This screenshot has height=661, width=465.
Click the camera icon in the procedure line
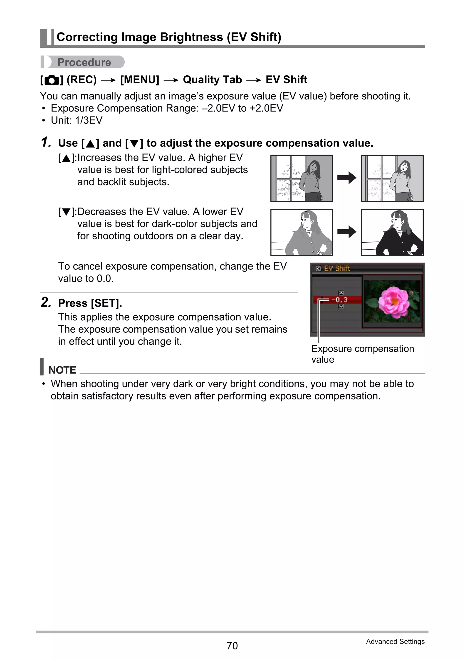52,80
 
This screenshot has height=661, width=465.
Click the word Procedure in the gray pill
84,62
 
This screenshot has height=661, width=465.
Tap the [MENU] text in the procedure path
140,80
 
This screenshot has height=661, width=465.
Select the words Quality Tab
212,80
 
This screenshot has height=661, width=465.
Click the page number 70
232,646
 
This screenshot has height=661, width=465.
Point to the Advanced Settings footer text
395,641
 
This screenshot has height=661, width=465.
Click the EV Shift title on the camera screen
337,268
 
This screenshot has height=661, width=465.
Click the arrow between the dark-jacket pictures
347,232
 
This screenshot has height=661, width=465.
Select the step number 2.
46,302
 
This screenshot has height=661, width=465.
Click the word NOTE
62,370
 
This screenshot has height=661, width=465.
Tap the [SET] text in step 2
106,303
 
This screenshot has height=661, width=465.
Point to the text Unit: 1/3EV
76,120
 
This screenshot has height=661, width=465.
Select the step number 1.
46,142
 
